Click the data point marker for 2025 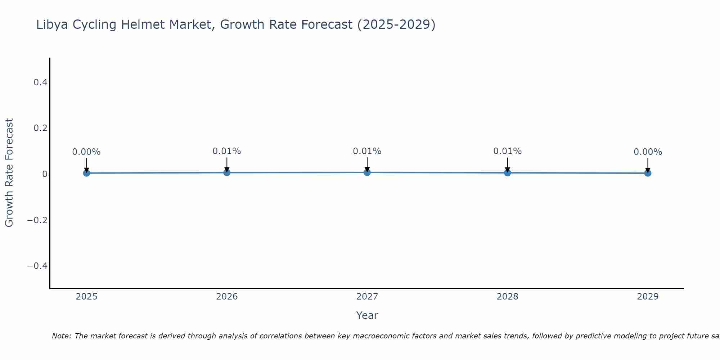click(x=86, y=173)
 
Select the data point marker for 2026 click(x=227, y=172)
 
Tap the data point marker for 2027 click(x=367, y=172)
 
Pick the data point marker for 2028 click(x=507, y=172)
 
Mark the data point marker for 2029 click(x=648, y=173)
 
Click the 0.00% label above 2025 click(x=86, y=152)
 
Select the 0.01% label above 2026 click(x=227, y=151)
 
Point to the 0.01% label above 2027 click(x=367, y=151)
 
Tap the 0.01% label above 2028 click(x=507, y=151)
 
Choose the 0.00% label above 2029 click(x=648, y=152)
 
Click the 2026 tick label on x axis click(x=227, y=297)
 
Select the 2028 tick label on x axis click(x=507, y=297)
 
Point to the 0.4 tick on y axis click(x=40, y=82)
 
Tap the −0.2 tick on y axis click(x=37, y=220)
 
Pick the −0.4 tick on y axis click(x=37, y=266)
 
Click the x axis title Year click(x=367, y=315)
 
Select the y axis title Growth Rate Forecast click(x=9, y=172)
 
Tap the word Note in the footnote click(x=61, y=336)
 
